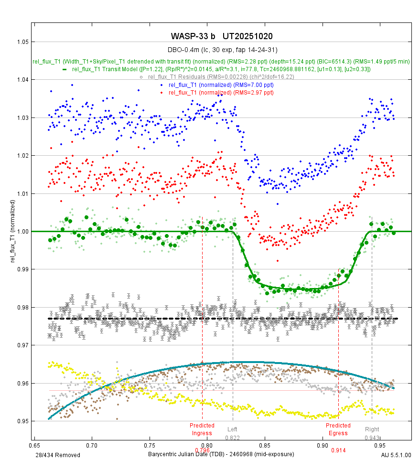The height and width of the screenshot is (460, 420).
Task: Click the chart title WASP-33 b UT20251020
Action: [x=222, y=36]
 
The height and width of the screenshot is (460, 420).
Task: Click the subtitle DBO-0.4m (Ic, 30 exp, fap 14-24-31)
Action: [x=222, y=49]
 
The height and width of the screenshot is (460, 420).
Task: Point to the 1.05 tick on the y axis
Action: [x=22, y=42]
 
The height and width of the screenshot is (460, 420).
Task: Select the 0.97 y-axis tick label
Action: [x=22, y=345]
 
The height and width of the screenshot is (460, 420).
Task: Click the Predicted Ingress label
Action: [x=202, y=429]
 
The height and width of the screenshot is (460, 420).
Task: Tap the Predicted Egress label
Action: [x=338, y=429]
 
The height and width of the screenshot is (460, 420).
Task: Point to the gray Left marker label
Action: [x=232, y=429]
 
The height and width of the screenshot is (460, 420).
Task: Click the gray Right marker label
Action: [x=372, y=429]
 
